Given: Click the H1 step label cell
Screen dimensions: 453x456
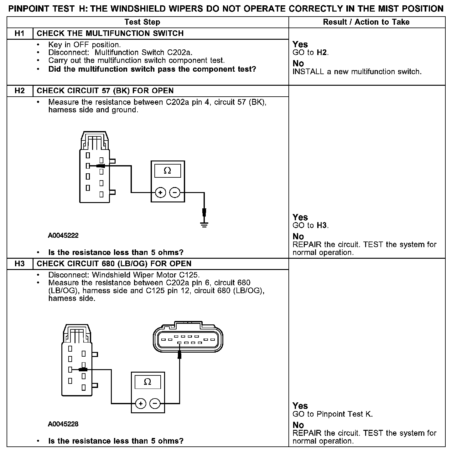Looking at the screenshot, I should tap(19, 33).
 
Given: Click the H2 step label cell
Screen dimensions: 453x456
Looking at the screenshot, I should tap(19, 91).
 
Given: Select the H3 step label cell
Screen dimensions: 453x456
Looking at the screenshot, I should tap(19, 264).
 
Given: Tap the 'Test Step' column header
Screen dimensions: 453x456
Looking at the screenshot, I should tap(142, 22).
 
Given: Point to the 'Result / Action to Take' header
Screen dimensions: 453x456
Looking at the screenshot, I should tap(366, 22).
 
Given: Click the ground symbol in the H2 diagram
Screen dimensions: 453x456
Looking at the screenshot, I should tap(204, 224).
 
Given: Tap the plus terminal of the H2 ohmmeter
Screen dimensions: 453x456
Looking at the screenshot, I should tap(160, 192).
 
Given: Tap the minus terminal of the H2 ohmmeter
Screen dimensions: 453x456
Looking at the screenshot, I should tap(175, 192).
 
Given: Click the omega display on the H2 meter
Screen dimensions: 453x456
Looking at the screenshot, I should tap(168, 171).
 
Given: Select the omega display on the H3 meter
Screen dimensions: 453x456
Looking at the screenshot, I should tap(148, 382).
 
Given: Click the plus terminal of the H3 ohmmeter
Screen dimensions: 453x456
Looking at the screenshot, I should tap(141, 404).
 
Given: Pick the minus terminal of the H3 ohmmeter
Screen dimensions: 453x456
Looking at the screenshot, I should tap(155, 404).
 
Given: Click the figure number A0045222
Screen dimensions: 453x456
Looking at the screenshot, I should tap(63, 236).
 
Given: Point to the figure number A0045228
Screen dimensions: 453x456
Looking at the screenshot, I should tap(63, 424).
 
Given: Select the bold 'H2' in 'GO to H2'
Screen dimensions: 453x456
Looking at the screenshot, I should tap(322, 53).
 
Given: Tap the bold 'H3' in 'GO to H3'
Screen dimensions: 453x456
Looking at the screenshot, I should tap(322, 226).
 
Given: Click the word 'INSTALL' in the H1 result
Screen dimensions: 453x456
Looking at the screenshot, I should tap(308, 72).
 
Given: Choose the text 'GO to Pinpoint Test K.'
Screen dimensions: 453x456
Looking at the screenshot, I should tap(333, 414).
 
